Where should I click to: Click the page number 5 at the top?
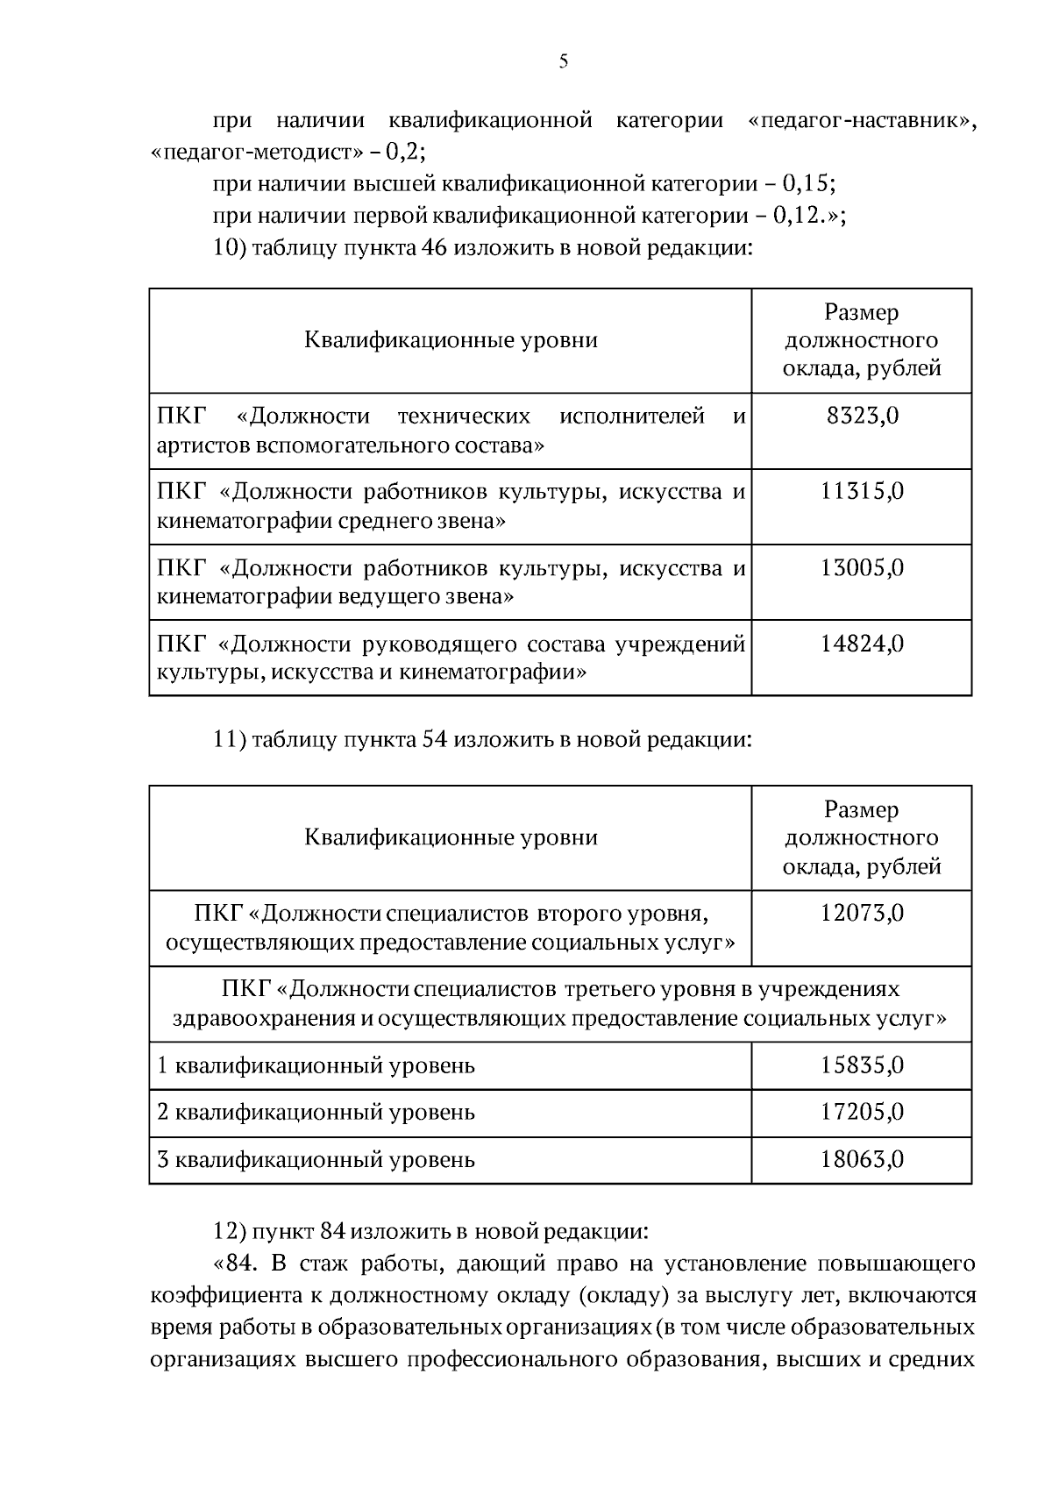pos(563,61)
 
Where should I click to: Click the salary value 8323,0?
pos(862,416)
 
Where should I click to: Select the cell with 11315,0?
pos(862,492)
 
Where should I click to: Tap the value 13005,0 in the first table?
pos(862,568)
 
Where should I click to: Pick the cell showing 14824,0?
pos(862,644)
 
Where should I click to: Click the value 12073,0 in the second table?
pos(862,914)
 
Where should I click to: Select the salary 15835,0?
pos(862,1065)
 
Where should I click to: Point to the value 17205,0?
pos(862,1113)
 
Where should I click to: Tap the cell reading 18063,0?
pos(862,1160)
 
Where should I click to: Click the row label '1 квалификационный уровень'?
pos(316,1066)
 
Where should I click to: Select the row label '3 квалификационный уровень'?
pos(316,1160)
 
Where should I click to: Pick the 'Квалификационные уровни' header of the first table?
pos(451,340)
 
